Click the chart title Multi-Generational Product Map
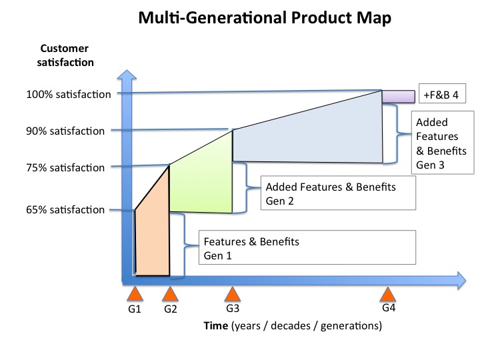pyautogui.click(x=265, y=17)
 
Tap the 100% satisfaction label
pyautogui.click(x=69, y=94)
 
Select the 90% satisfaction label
pyautogui.click(x=65, y=131)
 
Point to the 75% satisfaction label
pyautogui.click(x=65, y=168)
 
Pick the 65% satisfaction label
pyautogui.click(x=65, y=210)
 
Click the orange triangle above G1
pyautogui.click(x=135, y=294)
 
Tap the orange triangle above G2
pyautogui.click(x=170, y=294)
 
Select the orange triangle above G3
pyautogui.click(x=233, y=294)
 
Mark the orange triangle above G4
pyautogui.click(x=388, y=294)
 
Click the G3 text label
pyautogui.click(x=233, y=308)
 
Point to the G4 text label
pyautogui.click(x=389, y=307)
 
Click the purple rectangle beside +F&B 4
pyautogui.click(x=398, y=97)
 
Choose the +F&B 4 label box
pyautogui.click(x=442, y=93)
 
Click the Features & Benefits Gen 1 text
pyautogui.click(x=251, y=249)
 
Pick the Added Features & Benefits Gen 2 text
pyautogui.click(x=331, y=194)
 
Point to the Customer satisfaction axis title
pyautogui.click(x=65, y=55)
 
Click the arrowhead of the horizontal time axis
pyautogui.click(x=461, y=281)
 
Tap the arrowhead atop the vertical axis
pyautogui.click(x=127, y=75)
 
